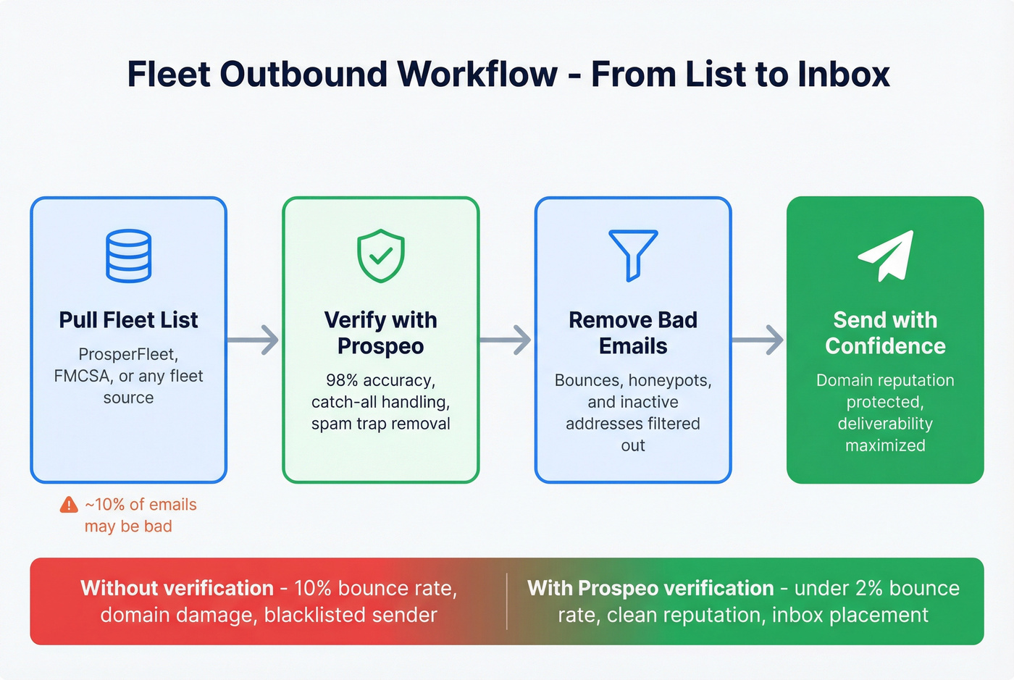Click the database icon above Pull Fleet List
tap(128, 256)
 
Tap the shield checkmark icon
tap(381, 256)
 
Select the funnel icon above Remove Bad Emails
tap(633, 254)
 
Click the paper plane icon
tap(886, 256)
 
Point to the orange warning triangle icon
tap(69, 505)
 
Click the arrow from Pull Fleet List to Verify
tap(253, 340)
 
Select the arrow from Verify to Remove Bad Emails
tap(506, 340)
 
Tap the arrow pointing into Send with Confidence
tap(758, 340)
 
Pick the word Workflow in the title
tap(477, 75)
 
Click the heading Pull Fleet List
tap(128, 320)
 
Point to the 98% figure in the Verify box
tap(342, 380)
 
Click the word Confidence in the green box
tap(885, 346)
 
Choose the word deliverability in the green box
tap(885, 424)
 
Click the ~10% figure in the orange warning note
tap(104, 505)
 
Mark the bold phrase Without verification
tap(177, 588)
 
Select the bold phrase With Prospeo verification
tap(650, 588)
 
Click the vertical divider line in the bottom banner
tap(507, 601)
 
